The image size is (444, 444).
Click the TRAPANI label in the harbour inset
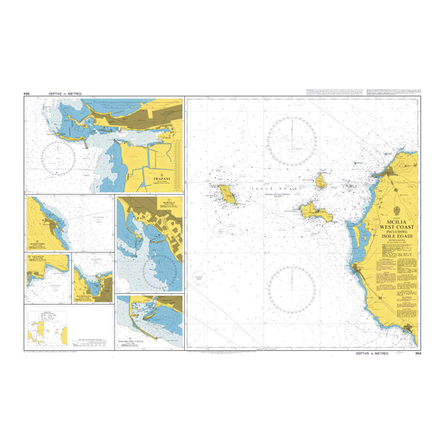[x=161, y=178]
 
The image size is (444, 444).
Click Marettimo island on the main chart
[x=226, y=194]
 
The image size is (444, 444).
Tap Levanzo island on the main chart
[x=322, y=180]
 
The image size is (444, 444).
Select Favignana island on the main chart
[x=316, y=213]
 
